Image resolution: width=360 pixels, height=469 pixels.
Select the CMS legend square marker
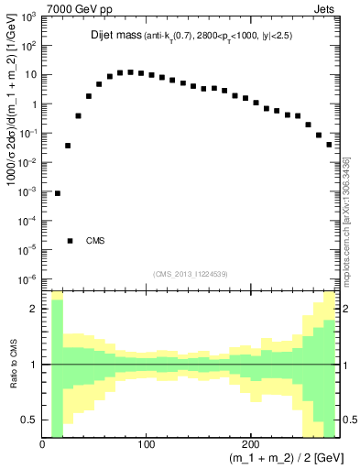click(x=70, y=241)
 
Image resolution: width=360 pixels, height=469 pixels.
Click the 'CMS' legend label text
click(x=95, y=241)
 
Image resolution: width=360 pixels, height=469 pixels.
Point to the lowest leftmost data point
click(x=58, y=193)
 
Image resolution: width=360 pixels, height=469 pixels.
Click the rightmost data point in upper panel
click(x=329, y=144)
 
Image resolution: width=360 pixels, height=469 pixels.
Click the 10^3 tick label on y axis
click(x=28, y=17)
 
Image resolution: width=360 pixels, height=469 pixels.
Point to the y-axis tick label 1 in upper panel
click(x=35, y=104)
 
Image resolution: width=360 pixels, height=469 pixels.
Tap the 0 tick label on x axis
click(x=43, y=444)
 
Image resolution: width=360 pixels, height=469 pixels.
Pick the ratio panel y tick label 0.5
click(x=30, y=420)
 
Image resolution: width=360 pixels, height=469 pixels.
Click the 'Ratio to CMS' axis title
click(x=12, y=365)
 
